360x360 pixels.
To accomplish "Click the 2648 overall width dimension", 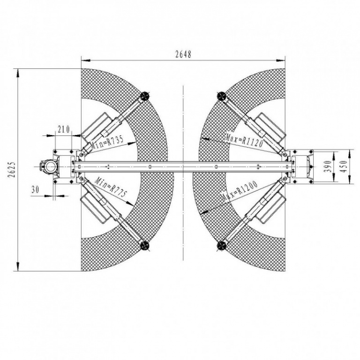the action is pos(183,54).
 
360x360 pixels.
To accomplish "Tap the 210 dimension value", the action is pos(63,129).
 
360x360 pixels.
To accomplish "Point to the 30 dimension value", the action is pos(35,190).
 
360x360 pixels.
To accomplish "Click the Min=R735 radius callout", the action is pos(107,143).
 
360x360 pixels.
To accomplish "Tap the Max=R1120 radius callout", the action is pos(244,139).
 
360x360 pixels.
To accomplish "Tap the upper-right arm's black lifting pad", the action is pos(222,96).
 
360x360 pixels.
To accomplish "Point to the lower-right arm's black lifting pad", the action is pos(222,245).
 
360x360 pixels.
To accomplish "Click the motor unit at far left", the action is pos(48,166).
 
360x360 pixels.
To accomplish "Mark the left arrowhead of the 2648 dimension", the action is pos(85,60).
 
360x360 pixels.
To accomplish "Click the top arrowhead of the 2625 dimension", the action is pos(17,73).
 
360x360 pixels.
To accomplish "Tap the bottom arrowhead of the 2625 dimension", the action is pos(17,267).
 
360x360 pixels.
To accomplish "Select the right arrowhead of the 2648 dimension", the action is pos(281,60).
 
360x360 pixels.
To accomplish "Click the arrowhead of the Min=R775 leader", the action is pos(130,203).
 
